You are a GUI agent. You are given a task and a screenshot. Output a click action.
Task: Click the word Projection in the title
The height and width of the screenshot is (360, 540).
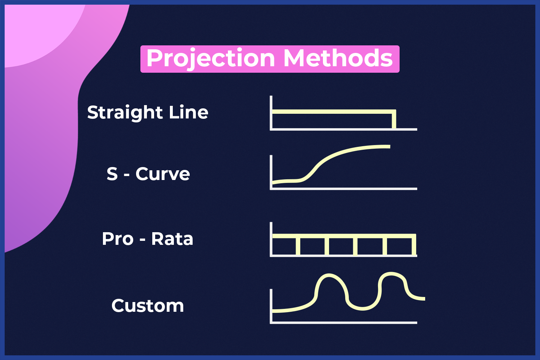[x=211, y=59]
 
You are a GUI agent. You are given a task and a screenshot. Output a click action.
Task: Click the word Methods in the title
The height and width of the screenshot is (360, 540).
[x=338, y=58]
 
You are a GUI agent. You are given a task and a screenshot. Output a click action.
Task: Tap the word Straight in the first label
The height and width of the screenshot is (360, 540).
[x=125, y=113]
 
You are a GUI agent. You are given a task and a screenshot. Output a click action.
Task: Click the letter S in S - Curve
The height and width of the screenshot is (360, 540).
[x=112, y=174]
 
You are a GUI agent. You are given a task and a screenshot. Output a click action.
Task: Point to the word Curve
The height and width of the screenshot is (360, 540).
[x=163, y=174]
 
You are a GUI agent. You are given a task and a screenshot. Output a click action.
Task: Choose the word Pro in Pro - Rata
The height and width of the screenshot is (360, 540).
[x=118, y=239]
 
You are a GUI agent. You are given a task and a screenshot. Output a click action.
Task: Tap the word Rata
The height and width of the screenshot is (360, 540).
[x=172, y=239]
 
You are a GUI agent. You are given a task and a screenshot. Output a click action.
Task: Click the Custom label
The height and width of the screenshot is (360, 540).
[x=148, y=306]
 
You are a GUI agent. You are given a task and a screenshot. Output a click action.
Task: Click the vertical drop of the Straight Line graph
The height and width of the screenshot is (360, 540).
[x=394, y=119]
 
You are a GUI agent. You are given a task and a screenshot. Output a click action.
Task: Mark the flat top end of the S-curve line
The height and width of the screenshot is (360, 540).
[x=389, y=147]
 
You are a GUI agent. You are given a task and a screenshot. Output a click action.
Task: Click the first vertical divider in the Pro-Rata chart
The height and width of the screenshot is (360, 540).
[x=298, y=246]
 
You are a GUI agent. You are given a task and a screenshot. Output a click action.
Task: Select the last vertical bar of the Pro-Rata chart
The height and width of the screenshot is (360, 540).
[x=414, y=244]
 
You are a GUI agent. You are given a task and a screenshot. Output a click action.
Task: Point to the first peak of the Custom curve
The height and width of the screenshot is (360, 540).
[x=328, y=275]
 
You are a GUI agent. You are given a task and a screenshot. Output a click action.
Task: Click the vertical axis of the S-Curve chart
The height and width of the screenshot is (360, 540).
[x=271, y=172]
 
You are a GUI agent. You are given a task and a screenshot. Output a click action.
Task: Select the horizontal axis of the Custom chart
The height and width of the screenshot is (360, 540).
[x=343, y=323]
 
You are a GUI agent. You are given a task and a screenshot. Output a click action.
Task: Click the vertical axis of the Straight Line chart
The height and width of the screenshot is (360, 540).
[x=271, y=113]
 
